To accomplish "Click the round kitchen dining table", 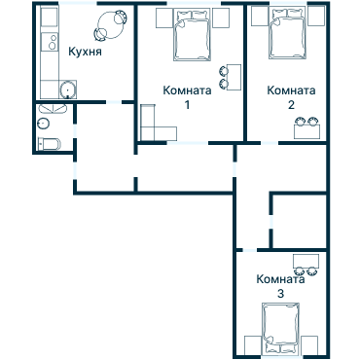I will coord(109,23).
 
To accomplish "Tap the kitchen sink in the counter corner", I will coord(66,91).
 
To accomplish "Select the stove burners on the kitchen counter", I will coord(46,41).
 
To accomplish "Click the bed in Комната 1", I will coord(191,37).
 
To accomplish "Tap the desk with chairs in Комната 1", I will coord(231,76).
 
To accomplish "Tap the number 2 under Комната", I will coord(290,103).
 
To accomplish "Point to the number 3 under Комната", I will coord(281,293).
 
